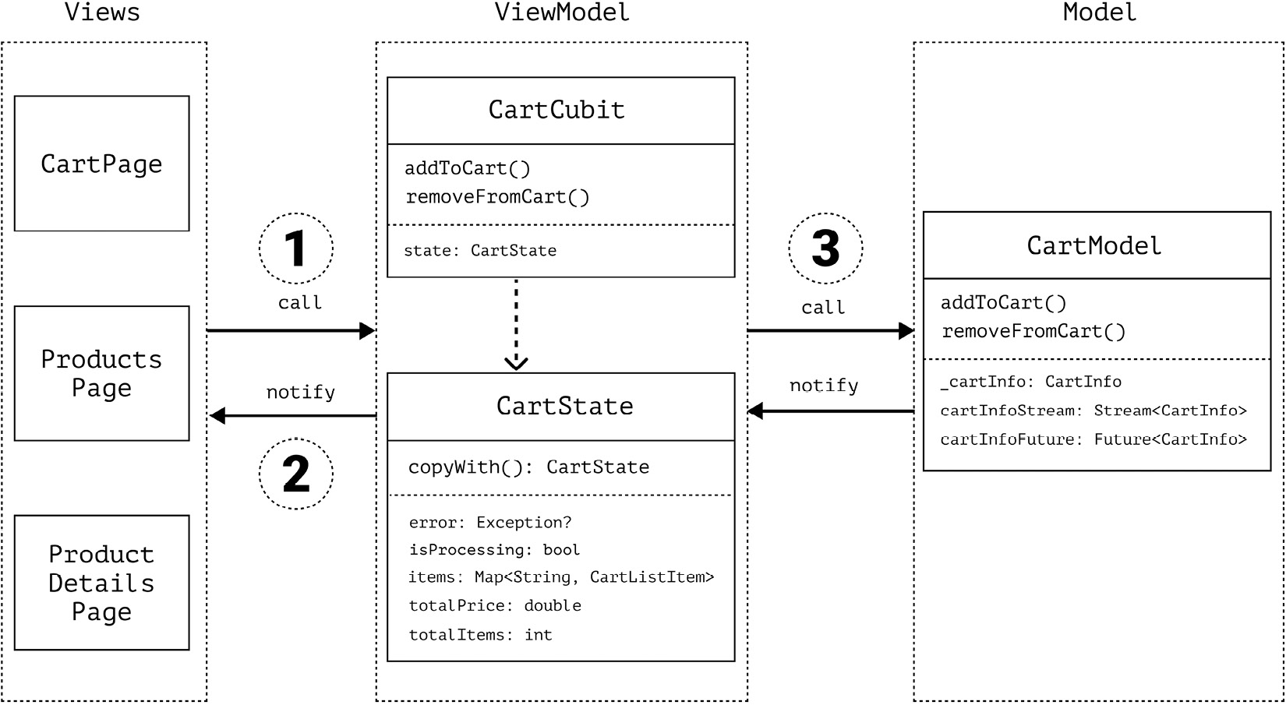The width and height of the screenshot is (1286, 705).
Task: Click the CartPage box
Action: (x=101, y=164)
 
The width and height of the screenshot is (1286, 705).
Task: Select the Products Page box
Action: (x=101, y=373)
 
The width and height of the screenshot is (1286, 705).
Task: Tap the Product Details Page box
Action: (x=101, y=583)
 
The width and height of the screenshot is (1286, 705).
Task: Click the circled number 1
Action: (x=295, y=249)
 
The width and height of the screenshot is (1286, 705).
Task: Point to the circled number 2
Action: (x=295, y=474)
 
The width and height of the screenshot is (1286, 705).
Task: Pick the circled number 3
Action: (x=825, y=249)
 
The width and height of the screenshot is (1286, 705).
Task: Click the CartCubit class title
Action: (x=556, y=110)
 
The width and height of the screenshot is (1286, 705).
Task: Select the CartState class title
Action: (x=564, y=406)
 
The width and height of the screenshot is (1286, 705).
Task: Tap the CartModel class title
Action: (x=1093, y=246)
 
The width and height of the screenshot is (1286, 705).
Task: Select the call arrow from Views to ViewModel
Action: (x=290, y=331)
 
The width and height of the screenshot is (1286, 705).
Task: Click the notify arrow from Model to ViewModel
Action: (x=830, y=411)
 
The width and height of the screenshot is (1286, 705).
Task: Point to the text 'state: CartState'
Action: (x=480, y=251)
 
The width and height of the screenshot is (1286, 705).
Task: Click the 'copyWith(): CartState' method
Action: (x=528, y=467)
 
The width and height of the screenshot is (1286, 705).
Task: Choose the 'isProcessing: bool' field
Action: (x=494, y=550)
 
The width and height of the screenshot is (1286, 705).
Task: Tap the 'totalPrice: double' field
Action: (x=495, y=606)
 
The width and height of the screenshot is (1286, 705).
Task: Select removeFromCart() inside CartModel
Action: (x=1033, y=332)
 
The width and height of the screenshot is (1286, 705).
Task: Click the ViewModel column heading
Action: (x=562, y=12)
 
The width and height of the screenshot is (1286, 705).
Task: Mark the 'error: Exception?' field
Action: (x=489, y=523)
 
